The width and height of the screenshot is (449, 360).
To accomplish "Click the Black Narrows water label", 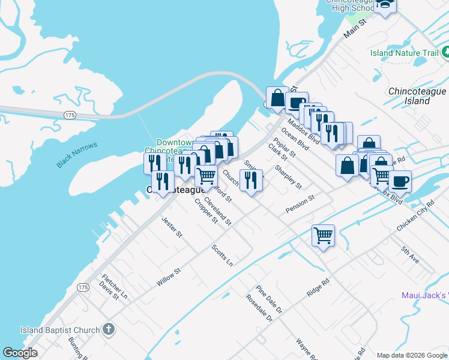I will tap(77, 155).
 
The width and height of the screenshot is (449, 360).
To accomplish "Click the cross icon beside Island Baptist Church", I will tap(108, 329).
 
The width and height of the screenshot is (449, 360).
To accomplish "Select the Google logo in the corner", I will tap(20, 353).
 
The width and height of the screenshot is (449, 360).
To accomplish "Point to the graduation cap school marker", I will tap(385, 5).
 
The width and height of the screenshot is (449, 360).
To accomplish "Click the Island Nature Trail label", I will tap(404, 53).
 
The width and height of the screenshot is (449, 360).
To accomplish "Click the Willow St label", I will tap(169, 277).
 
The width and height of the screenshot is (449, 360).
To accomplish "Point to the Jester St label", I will tap(172, 228).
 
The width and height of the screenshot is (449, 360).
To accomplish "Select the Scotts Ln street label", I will tap(222, 254).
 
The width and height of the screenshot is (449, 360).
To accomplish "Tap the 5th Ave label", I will tap(411, 254).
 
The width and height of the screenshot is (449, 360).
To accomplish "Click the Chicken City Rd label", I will tap(415, 220).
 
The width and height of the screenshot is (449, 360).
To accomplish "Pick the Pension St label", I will tap(300, 203).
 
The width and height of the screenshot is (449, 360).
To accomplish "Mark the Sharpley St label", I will tap(288, 176).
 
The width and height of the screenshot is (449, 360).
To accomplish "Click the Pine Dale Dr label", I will tap(268, 299).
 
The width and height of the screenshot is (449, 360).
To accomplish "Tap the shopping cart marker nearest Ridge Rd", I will tap(323, 235).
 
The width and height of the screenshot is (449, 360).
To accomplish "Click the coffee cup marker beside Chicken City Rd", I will tap(400, 181).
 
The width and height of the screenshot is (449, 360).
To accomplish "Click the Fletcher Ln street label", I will tap(115, 286).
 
